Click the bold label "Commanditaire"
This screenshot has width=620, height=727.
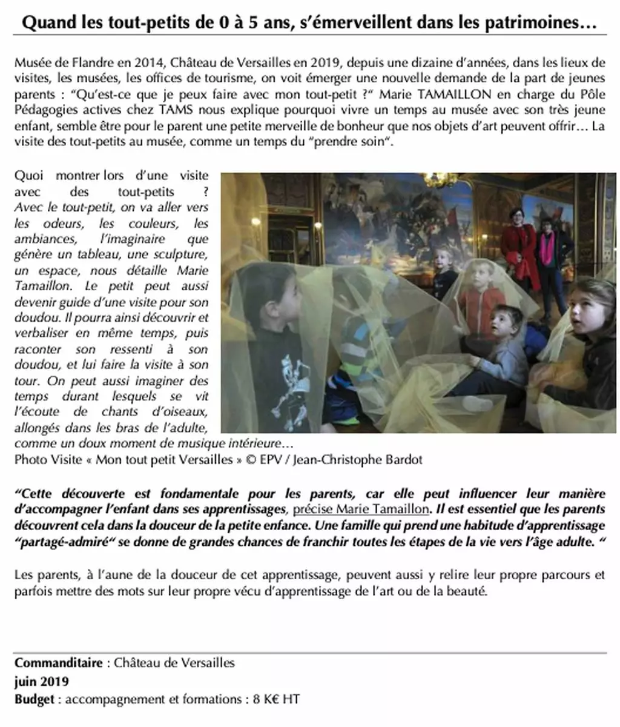58,663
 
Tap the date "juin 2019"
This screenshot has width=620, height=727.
41,681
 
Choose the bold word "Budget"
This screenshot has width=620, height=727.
35,699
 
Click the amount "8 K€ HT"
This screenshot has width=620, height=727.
276,699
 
